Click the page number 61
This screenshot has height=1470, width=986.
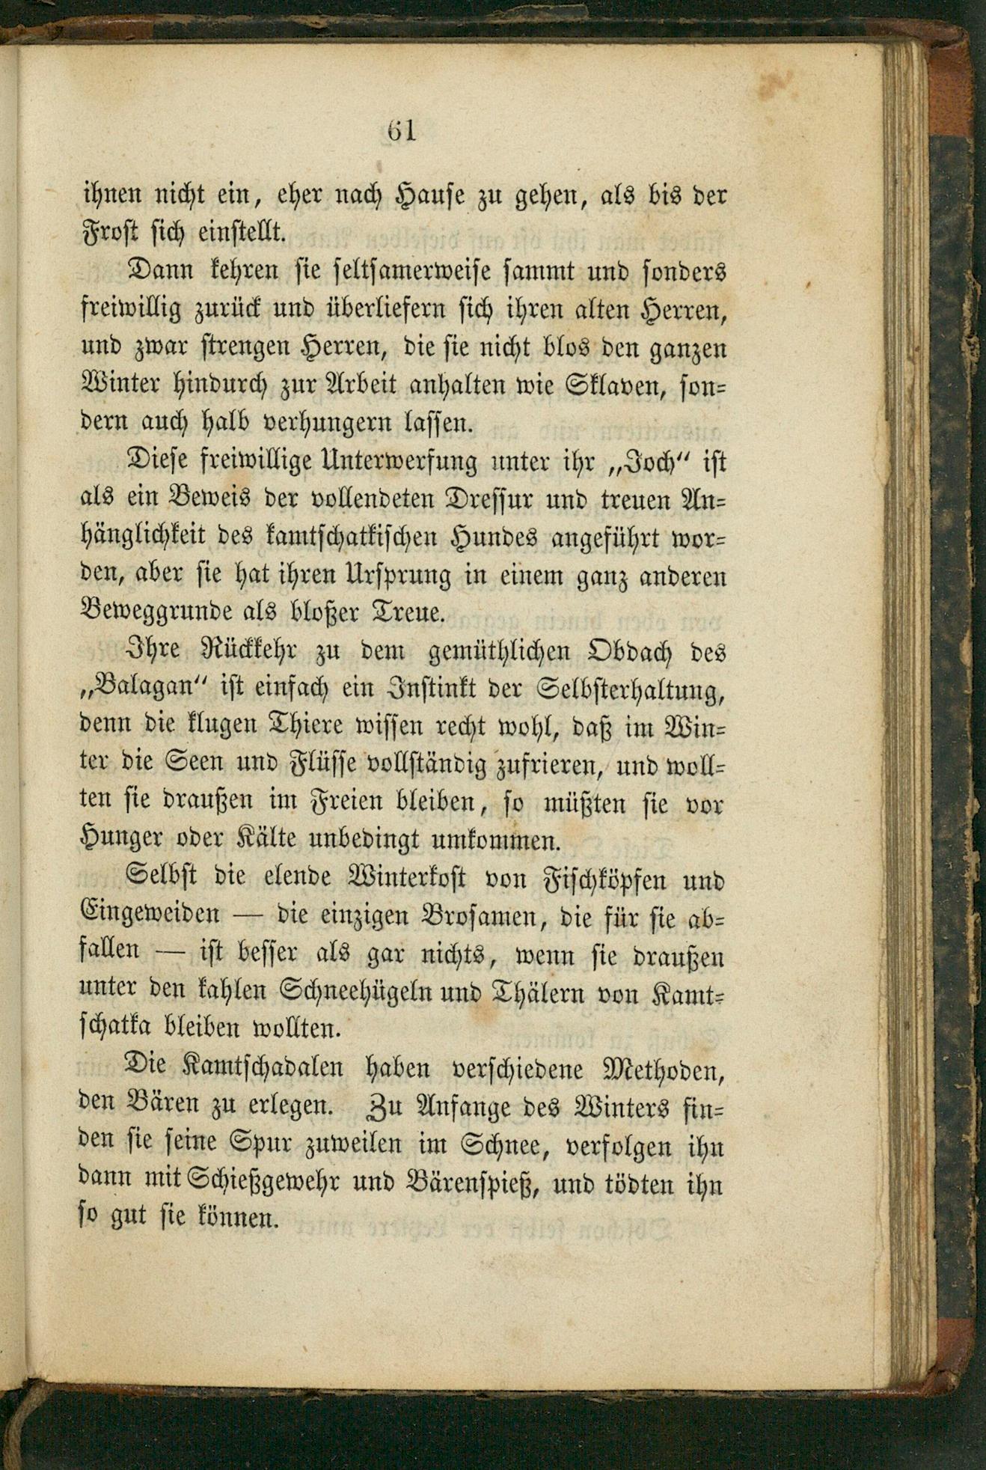coord(401,131)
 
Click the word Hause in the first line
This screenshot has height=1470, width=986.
coord(435,197)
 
